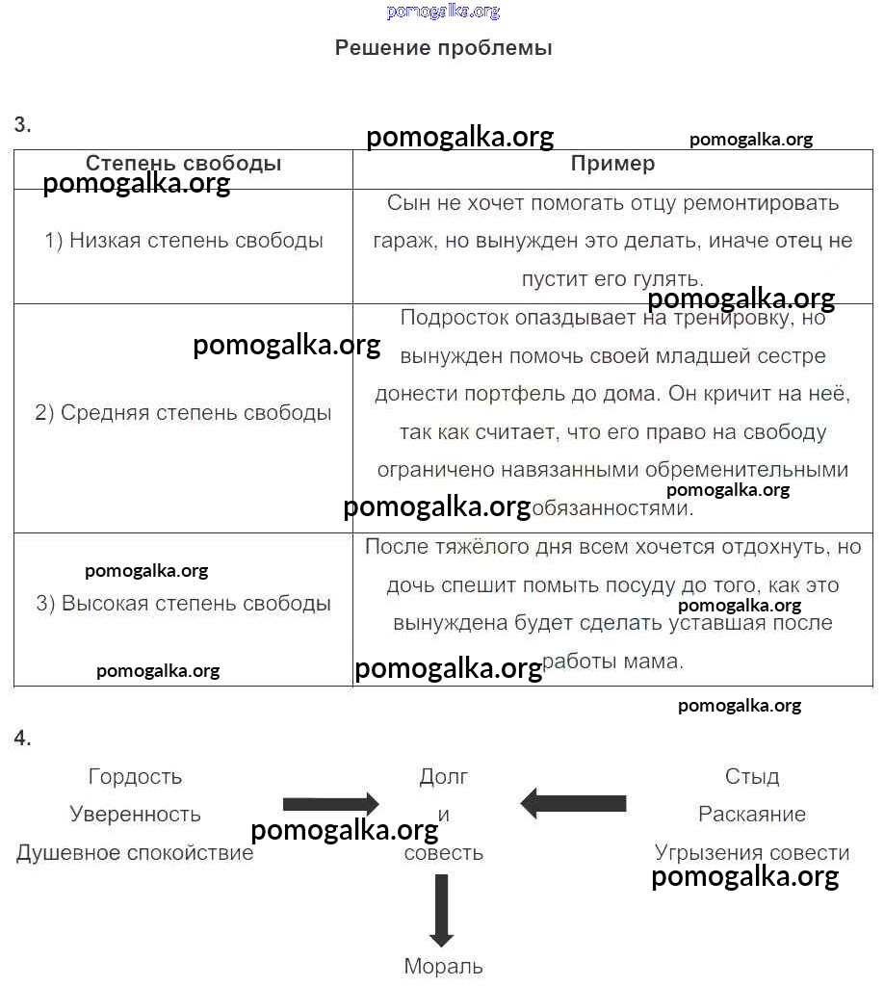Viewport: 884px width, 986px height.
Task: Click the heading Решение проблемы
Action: pyautogui.click(x=443, y=48)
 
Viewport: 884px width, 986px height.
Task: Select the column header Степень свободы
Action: pyautogui.click(x=183, y=164)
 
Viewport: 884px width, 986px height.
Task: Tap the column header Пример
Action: pyautogui.click(x=612, y=164)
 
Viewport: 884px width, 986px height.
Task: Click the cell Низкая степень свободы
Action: pyautogui.click(x=184, y=241)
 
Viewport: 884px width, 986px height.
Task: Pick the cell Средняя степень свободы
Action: pyautogui.click(x=183, y=413)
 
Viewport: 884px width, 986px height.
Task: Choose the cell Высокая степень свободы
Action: pyautogui.click(x=183, y=604)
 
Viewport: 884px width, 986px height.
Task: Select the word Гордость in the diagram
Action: pyautogui.click(x=135, y=776)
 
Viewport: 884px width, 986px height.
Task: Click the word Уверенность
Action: pyautogui.click(x=135, y=815)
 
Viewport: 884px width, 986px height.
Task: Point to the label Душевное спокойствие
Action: pyautogui.click(x=135, y=853)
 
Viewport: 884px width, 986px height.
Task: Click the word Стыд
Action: pyautogui.click(x=752, y=776)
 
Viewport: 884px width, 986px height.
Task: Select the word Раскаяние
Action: pyautogui.click(x=752, y=815)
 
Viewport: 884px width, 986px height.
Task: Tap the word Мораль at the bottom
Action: pyautogui.click(x=443, y=966)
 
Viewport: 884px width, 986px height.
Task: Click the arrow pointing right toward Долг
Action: pyautogui.click(x=331, y=803)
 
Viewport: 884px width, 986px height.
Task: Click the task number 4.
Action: pyautogui.click(x=22, y=739)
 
